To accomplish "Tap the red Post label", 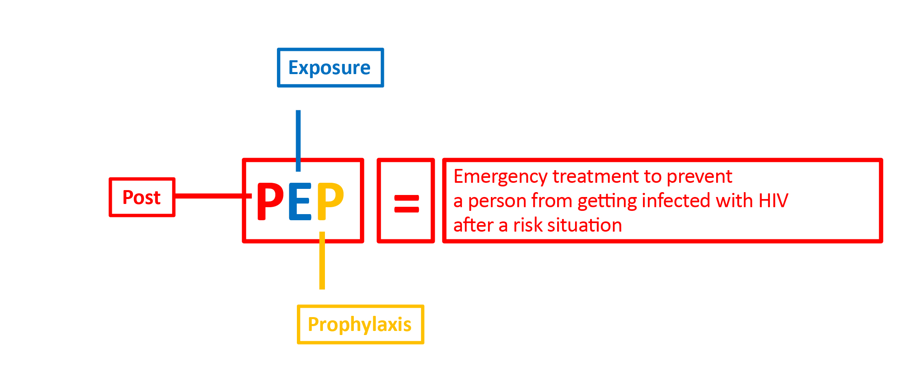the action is click(x=142, y=197).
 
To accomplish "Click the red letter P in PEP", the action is click(x=270, y=201).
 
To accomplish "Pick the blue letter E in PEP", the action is click(x=300, y=201).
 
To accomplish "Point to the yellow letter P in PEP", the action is click(x=330, y=201).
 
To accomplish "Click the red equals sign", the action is click(x=407, y=204).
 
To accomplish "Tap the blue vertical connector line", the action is click(x=298, y=141).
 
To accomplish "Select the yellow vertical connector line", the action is click(x=322, y=261).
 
